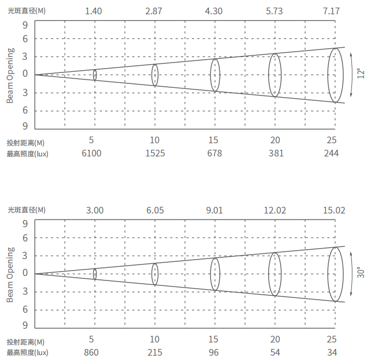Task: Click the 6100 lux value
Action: pyautogui.click(x=92, y=153)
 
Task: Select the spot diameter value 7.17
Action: pyautogui.click(x=332, y=11)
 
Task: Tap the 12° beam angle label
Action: pyautogui.click(x=360, y=74)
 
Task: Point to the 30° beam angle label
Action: pyautogui.click(x=360, y=273)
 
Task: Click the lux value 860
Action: pyautogui.click(x=92, y=352)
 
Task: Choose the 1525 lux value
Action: pyautogui.click(x=155, y=153)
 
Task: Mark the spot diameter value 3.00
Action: pyautogui.click(x=95, y=210)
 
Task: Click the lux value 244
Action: pyautogui.click(x=332, y=153)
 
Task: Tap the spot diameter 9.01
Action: pyautogui.click(x=215, y=210)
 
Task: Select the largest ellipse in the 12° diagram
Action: pyautogui.click(x=336, y=75)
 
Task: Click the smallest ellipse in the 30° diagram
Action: pyautogui.click(x=95, y=274)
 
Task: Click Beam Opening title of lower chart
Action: pyautogui.click(x=10, y=274)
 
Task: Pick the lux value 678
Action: pyautogui.click(x=215, y=153)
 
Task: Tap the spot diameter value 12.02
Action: pyautogui.click(x=275, y=210)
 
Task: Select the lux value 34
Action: pyautogui.click(x=332, y=352)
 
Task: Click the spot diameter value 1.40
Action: pyautogui.click(x=95, y=11)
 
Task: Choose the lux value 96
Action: pyautogui.click(x=215, y=352)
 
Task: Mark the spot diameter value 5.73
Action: pyautogui.click(x=275, y=11)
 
